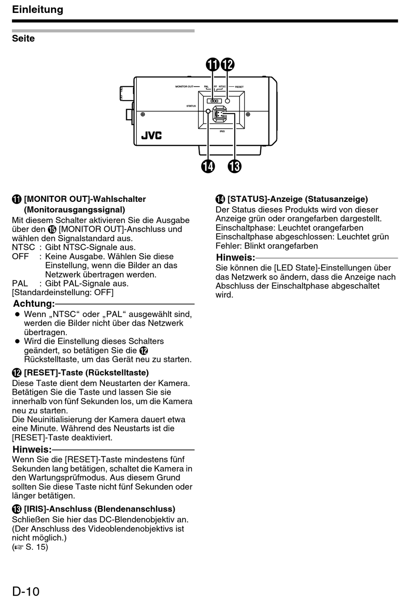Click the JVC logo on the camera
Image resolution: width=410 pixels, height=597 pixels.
coord(151,135)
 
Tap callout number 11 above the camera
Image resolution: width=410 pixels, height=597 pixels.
coord(212,65)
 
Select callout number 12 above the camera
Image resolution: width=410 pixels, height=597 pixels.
coord(227,65)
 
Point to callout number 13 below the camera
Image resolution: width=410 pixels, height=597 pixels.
coord(235,166)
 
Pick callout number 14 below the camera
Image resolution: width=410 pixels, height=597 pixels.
coord(208,166)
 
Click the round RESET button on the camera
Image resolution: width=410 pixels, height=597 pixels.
coord(228,101)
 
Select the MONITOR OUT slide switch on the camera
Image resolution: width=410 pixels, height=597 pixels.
coord(214,101)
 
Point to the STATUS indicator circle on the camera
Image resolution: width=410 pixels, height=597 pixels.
coord(208,111)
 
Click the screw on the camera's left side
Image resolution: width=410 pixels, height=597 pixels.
coord(143,114)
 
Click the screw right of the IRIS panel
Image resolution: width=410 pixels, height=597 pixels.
coord(248,114)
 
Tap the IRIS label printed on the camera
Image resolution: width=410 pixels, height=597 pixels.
coord(222,131)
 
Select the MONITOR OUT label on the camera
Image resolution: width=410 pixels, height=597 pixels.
coord(184,87)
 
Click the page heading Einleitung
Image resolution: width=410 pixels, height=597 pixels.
coord(38,9)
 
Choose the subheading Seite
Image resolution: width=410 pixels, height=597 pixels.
coord(23,38)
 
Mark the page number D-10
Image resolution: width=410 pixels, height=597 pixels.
coord(26,591)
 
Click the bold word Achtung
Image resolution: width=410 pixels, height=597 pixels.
coord(34,304)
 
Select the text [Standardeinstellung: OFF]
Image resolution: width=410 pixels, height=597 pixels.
coord(63,292)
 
